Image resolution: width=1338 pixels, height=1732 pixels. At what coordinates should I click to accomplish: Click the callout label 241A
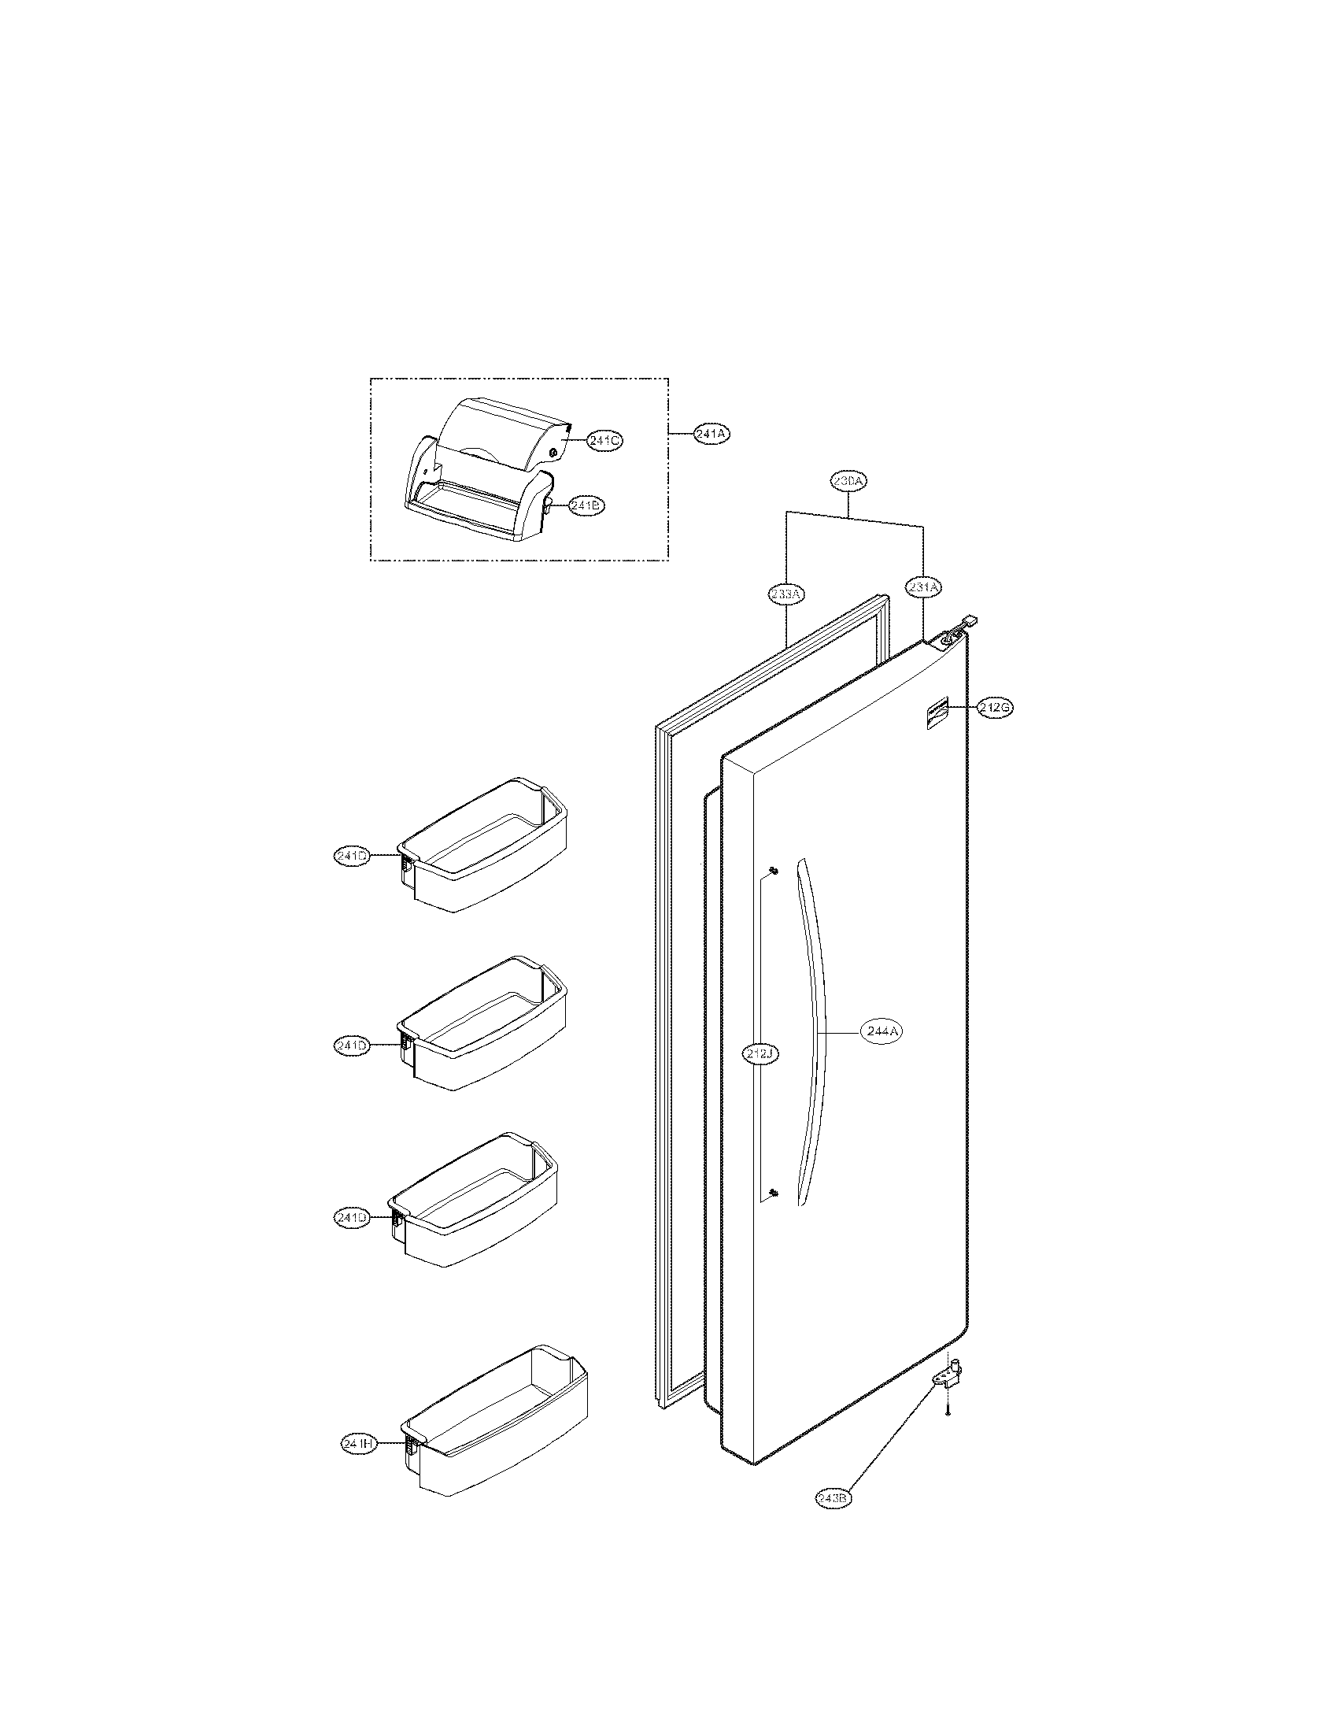coord(711,434)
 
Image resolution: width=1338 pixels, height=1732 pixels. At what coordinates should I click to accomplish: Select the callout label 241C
coord(603,441)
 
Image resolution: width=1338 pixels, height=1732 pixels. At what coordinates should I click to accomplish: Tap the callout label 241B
coord(586,505)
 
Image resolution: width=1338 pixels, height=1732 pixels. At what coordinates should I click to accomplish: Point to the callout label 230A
coord(848,481)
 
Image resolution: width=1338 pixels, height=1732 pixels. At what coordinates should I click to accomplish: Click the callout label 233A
coord(786,593)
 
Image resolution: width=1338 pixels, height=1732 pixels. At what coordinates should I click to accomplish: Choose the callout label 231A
coord(923,587)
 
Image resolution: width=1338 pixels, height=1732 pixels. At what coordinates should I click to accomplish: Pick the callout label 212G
coord(995,709)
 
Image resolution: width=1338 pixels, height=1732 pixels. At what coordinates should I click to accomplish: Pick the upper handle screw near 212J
coord(773,872)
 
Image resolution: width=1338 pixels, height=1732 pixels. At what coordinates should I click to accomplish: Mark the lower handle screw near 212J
coord(773,1215)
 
